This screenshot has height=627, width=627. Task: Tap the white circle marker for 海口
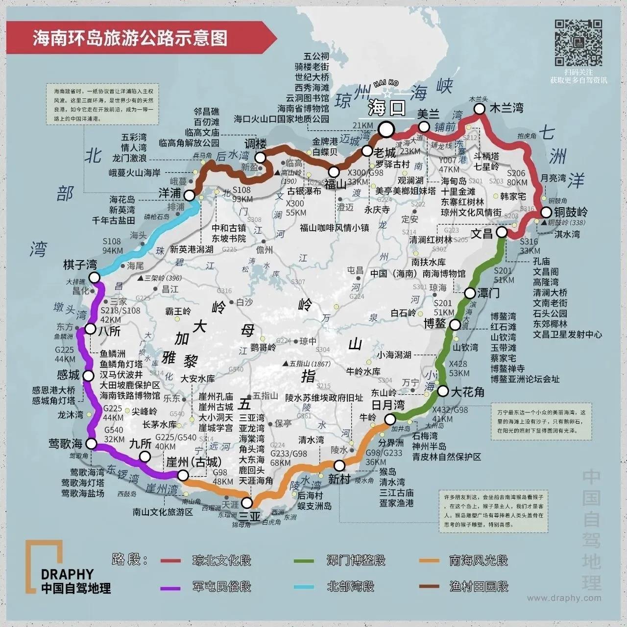386,129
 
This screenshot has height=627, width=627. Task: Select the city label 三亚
249,516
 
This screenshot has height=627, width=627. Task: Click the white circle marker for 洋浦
189,195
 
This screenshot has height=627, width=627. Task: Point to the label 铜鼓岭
571,213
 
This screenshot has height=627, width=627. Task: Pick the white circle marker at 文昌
502,232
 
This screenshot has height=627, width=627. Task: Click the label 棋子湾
80,265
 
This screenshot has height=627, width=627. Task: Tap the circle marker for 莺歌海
92,444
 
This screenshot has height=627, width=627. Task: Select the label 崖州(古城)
193,462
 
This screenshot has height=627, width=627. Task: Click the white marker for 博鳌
455,324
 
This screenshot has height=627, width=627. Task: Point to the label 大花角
467,392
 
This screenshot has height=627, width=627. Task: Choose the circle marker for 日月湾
390,419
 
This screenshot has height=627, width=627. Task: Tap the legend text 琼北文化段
222,560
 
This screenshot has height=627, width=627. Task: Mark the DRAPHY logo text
67,574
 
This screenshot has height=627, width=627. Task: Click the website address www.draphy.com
564,598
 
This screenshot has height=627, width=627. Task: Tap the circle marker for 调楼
260,157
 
